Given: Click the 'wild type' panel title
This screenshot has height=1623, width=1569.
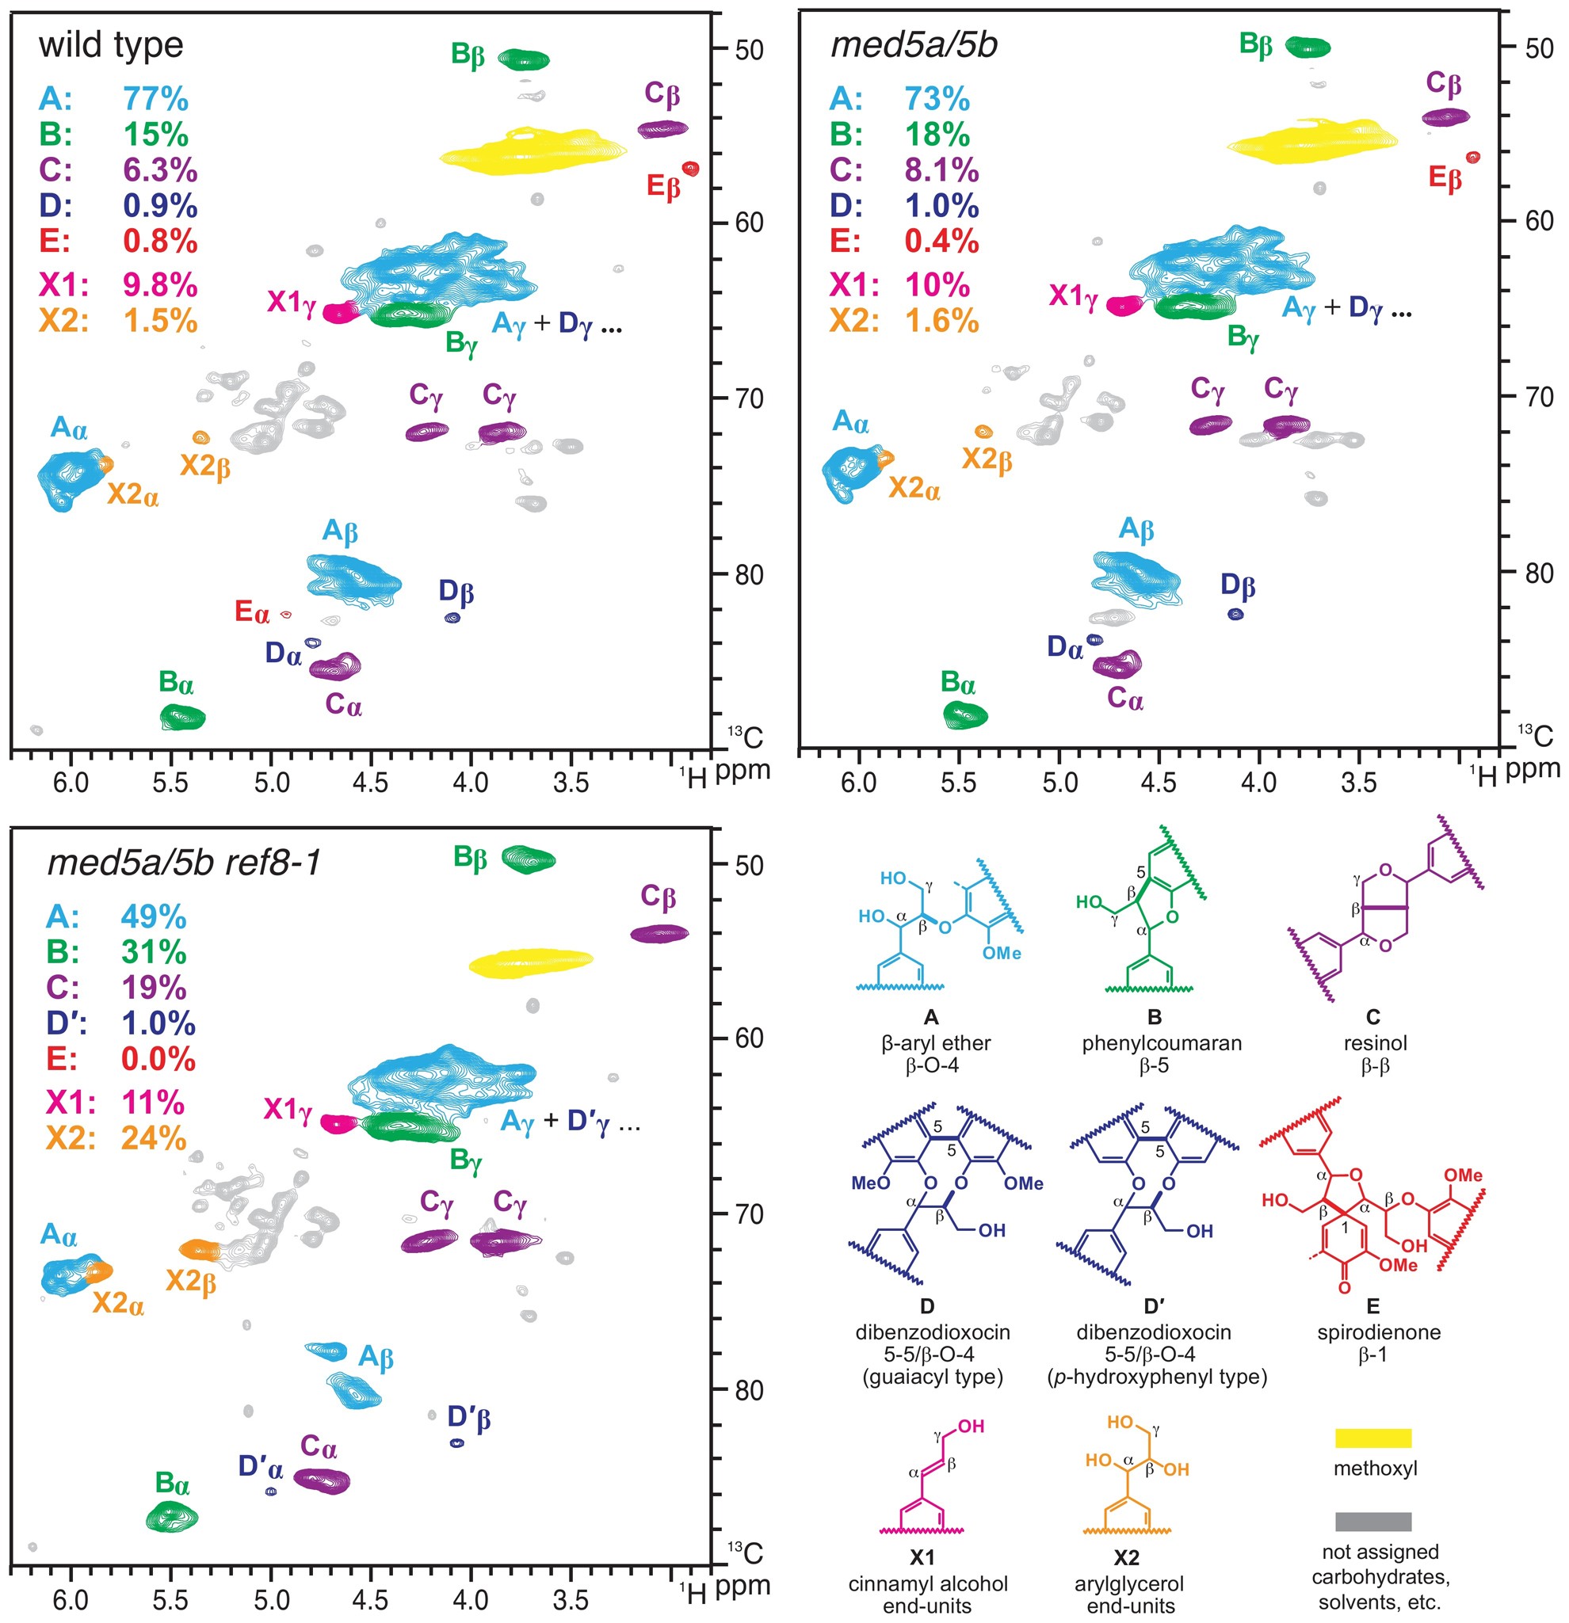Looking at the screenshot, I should tap(110, 44).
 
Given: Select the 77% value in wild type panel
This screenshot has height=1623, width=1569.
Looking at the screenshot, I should tap(156, 99).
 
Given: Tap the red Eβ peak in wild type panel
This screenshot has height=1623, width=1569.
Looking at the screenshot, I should tap(690, 169).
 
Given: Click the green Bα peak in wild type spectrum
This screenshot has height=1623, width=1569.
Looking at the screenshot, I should tap(182, 716).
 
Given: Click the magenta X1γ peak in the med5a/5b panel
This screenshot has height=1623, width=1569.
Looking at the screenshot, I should tap(1124, 306).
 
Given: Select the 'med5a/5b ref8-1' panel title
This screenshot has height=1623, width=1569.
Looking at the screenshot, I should tap(184, 863).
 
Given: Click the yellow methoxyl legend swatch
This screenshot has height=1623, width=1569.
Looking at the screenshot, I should tap(1372, 1438).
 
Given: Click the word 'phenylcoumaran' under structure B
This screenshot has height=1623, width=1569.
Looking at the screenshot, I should tap(1162, 1043).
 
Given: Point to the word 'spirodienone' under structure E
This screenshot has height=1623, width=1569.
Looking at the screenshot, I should tap(1379, 1332).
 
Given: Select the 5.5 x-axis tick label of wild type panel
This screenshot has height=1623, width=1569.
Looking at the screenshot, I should tap(170, 783).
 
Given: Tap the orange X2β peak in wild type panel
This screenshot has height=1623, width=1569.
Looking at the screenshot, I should tap(200, 437).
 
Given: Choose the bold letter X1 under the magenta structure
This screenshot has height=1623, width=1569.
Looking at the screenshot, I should tap(922, 1557).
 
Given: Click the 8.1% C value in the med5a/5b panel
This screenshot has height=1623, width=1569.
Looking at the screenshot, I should tap(941, 170).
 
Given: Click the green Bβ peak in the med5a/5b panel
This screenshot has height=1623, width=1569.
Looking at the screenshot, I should tap(1307, 47).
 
